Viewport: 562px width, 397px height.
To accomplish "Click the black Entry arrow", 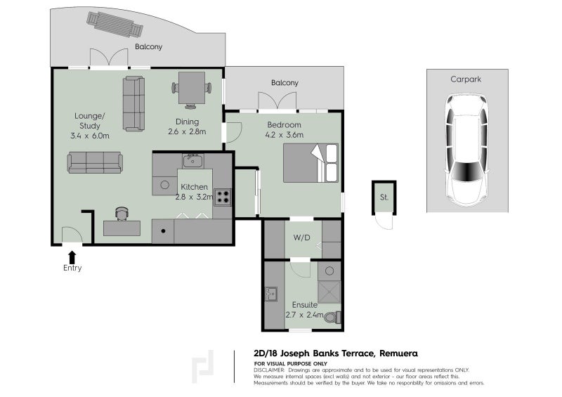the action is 72,257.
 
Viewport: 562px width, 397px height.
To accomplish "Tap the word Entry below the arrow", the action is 72,268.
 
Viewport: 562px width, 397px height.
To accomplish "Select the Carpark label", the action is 466,79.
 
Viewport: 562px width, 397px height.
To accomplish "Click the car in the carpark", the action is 467,150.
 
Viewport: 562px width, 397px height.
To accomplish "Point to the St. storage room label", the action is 384,197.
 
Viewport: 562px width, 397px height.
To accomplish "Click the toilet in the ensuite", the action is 332,318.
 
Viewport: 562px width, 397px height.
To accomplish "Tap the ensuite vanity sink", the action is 270,294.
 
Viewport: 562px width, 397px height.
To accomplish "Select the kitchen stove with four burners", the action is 222,197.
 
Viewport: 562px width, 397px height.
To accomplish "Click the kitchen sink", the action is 193,161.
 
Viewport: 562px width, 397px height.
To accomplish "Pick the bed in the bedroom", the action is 311,163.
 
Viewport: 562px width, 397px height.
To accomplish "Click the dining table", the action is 192,88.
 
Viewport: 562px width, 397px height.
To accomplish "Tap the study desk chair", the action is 122,214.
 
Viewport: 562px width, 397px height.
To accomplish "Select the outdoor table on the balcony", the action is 115,25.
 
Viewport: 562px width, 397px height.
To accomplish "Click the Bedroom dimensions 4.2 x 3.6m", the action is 285,135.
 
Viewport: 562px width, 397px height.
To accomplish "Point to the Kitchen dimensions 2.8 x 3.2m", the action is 194,197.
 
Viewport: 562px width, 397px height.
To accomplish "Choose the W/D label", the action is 302,237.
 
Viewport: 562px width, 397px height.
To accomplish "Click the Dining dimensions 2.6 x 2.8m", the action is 187,131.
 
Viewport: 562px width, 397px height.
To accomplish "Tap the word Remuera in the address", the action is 398,353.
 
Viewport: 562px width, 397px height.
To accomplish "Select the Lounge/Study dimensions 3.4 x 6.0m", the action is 90,136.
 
